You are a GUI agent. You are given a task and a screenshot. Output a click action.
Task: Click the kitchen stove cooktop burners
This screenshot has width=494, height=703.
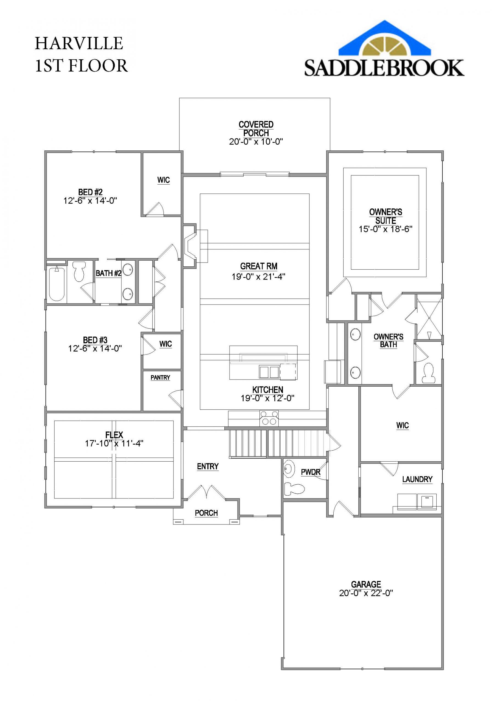[269, 418]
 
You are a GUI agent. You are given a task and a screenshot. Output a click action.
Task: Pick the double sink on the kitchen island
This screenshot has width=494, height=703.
[269, 372]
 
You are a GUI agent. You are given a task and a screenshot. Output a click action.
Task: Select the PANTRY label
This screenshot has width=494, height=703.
[160, 378]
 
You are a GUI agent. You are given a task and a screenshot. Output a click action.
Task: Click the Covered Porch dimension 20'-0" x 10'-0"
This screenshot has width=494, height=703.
[256, 141]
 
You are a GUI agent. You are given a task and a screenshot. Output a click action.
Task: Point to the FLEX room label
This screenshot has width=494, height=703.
[114, 435]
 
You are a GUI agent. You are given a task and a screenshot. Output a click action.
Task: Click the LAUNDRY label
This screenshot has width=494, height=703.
[417, 479]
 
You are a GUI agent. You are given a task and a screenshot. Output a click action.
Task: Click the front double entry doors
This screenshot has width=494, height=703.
[206, 493]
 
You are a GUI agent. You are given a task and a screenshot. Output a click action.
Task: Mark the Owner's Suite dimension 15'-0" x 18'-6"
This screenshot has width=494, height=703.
[385, 229]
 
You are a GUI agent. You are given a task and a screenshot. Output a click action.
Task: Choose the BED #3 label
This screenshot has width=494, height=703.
[95, 340]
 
